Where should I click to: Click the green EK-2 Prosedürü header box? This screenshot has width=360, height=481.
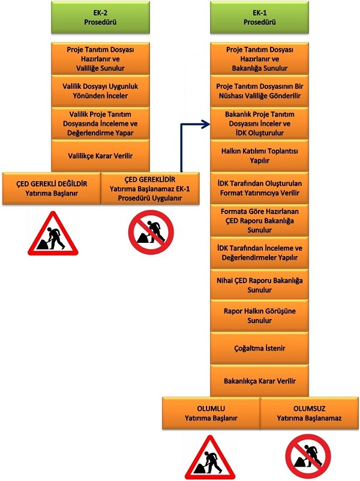point(100,17)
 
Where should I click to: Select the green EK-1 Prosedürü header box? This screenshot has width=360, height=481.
point(259,17)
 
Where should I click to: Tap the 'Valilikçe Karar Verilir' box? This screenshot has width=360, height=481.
point(100,155)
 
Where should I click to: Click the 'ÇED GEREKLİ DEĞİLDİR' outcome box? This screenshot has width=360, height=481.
point(52,188)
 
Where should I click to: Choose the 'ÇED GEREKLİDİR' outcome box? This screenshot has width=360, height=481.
point(150,188)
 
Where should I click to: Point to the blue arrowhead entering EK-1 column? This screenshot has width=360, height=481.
point(206,124)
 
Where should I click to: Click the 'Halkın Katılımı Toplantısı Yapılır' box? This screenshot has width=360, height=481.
point(259,155)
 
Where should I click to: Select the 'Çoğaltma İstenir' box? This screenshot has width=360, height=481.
point(259,348)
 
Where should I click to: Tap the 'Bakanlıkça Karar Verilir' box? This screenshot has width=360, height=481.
point(259,381)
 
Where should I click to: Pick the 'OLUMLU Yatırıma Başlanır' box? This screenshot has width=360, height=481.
point(211,413)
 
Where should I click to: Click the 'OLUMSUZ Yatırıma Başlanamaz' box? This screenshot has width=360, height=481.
point(310,413)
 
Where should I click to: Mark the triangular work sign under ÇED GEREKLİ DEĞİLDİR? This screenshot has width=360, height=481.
point(53,234)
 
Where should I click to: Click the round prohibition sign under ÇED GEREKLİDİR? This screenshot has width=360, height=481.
point(151,232)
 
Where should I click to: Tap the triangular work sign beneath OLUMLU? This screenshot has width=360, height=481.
point(210,458)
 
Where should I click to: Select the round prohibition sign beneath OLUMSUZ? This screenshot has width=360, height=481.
point(308,456)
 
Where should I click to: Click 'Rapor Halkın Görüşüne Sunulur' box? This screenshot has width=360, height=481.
point(259,315)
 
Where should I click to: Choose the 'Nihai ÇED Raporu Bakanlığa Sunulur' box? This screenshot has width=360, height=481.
point(259,285)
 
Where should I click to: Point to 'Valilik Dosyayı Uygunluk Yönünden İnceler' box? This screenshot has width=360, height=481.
point(100,91)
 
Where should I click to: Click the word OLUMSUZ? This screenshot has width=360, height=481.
point(310,408)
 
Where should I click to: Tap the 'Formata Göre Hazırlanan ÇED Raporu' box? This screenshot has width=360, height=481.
point(259,220)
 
